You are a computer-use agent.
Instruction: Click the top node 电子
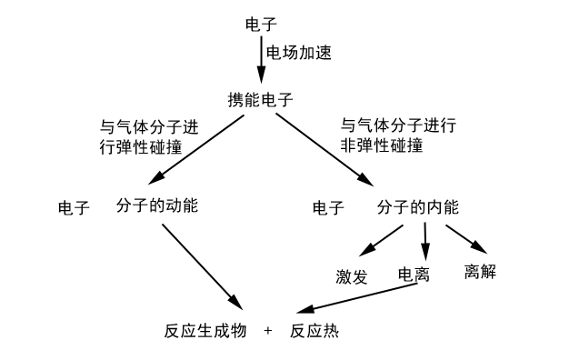click(262, 23)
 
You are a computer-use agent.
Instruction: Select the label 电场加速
click(298, 53)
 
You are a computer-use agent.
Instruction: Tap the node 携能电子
click(260, 99)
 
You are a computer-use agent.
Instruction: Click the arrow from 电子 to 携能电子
click(261, 60)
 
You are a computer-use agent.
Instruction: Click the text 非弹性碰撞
click(382, 145)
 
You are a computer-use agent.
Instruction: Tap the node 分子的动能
click(157, 206)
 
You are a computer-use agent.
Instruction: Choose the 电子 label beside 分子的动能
click(74, 208)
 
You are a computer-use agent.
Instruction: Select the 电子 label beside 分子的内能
click(328, 208)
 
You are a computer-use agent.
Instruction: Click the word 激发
click(352, 277)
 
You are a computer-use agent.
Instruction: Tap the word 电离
click(414, 274)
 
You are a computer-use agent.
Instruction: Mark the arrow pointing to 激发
click(383, 240)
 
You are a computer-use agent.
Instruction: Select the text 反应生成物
click(202, 331)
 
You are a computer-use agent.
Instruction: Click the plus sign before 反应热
click(268, 331)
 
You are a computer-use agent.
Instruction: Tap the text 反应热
click(314, 331)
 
